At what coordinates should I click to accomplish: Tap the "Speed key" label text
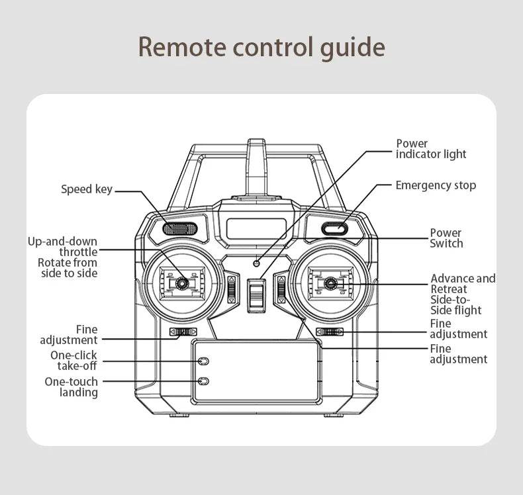click(87, 189)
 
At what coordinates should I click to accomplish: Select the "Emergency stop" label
click(435, 185)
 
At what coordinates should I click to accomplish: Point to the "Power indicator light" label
click(431, 149)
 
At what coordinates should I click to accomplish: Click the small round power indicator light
click(257, 264)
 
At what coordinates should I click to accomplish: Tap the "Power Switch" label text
click(446, 238)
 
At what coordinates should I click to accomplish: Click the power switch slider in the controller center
click(256, 294)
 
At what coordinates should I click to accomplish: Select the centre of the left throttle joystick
click(179, 283)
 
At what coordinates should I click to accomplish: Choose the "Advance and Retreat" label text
click(462, 284)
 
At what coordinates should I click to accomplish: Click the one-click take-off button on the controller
click(204, 361)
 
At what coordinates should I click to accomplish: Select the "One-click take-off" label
click(74, 361)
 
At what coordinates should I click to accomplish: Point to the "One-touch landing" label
click(71, 387)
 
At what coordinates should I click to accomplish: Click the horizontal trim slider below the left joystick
click(183, 332)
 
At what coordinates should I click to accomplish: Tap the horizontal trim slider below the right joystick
click(329, 332)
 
